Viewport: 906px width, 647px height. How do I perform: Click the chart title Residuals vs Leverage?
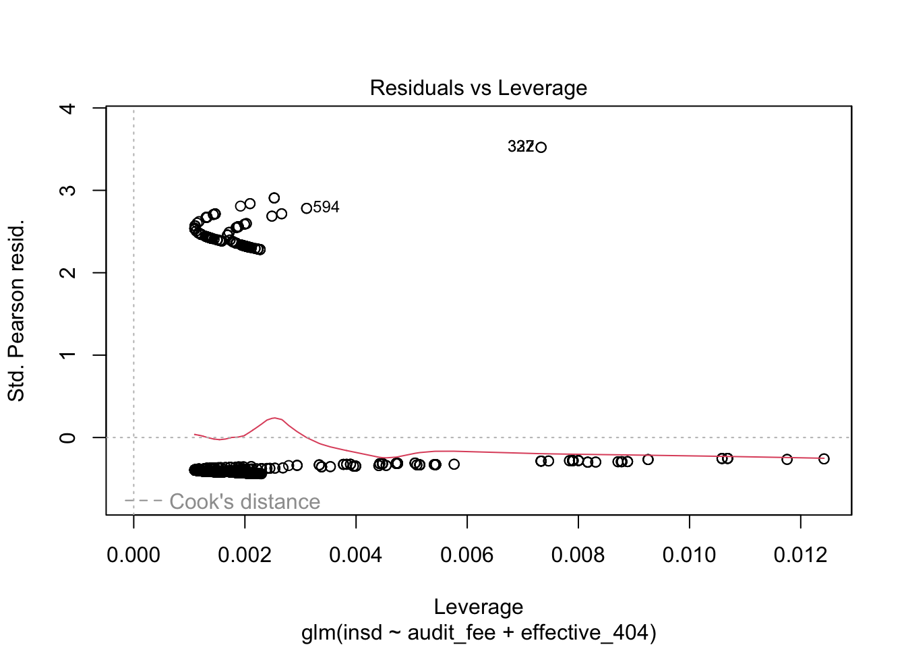click(x=478, y=88)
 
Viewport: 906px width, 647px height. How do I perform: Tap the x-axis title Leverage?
click(x=478, y=607)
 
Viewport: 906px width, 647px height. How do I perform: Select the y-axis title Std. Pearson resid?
click(x=16, y=310)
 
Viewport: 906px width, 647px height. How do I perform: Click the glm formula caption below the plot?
click(x=478, y=633)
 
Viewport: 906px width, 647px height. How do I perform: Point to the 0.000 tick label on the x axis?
click(x=133, y=555)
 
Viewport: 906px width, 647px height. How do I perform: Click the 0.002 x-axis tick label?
click(x=245, y=555)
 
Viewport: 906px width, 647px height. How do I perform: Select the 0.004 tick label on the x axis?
click(x=356, y=555)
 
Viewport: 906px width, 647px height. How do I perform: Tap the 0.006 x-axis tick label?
click(x=467, y=555)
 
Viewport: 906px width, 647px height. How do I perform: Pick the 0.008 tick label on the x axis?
click(x=578, y=555)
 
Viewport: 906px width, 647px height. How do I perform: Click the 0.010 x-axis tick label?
click(x=689, y=555)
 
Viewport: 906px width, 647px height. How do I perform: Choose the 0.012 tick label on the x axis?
click(x=800, y=555)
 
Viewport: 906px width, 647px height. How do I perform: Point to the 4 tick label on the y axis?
click(x=68, y=108)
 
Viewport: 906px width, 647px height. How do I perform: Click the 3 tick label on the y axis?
click(x=68, y=190)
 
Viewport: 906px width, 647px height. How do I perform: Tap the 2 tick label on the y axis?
click(x=68, y=272)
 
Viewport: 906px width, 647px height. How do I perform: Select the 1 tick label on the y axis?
click(x=68, y=355)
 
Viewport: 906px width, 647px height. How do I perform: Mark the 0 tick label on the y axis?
click(x=68, y=437)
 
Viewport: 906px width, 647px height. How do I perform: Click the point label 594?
click(x=326, y=208)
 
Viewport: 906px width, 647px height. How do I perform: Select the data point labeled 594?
click(x=307, y=208)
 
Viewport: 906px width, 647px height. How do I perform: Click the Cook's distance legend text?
click(x=245, y=501)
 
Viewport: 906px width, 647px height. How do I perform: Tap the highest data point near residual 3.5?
click(x=541, y=147)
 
